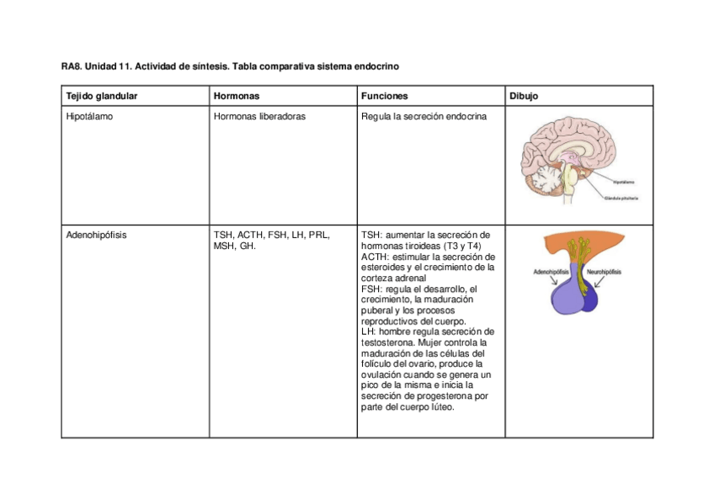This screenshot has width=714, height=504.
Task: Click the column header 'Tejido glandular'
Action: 101,96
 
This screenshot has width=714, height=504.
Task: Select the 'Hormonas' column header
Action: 237,96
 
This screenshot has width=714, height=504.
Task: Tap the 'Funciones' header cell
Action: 385,96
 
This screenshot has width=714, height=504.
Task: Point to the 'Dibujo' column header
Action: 524,96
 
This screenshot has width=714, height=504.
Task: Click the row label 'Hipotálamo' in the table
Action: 89,117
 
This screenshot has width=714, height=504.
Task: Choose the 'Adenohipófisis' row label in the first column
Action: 96,235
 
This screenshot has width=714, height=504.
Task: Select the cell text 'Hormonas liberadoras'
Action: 260,117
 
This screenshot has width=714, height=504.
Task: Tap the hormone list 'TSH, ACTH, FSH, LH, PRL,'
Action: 272,235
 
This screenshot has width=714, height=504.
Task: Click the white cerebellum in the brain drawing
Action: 548,179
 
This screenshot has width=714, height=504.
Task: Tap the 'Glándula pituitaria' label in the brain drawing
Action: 622,199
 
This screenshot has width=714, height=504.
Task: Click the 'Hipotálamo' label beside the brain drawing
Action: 624,182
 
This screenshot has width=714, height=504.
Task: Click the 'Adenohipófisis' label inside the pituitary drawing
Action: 551,273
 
